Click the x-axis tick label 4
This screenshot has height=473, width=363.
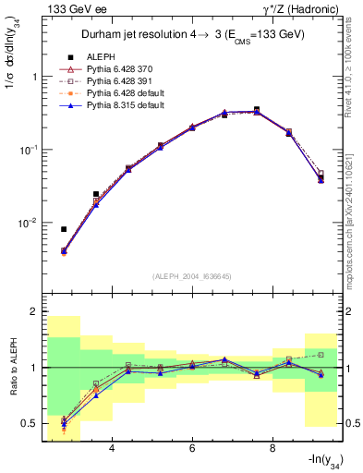pyautogui.click(x=112, y=448)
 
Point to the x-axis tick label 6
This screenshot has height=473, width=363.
pyautogui.click(x=192, y=448)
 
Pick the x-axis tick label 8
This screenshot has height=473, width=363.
pyautogui.click(x=272, y=448)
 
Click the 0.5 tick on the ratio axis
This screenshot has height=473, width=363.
pyautogui.click(x=29, y=423)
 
